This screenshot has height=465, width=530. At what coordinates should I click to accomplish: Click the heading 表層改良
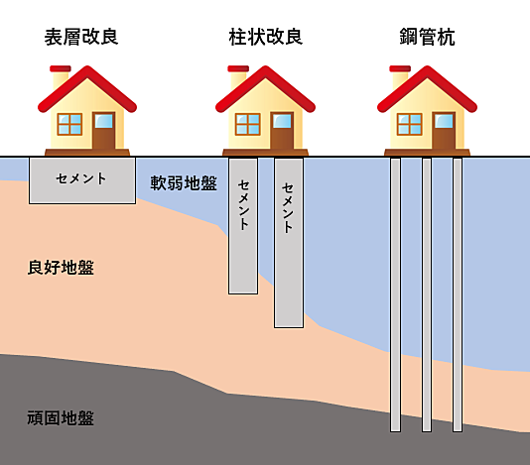81,37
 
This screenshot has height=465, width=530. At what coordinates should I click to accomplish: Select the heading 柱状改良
266,37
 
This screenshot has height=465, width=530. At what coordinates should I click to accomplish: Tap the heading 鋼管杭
427,37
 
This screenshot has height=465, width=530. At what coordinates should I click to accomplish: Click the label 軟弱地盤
184,183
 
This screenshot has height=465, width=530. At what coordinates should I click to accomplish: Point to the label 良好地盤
61,268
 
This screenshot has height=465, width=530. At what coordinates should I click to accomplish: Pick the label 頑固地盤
61,418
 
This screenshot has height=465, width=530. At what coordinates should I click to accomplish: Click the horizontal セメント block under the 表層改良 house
82,180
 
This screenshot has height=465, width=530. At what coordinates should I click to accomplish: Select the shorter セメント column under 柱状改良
243,226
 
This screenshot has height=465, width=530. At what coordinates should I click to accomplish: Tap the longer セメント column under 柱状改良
289,243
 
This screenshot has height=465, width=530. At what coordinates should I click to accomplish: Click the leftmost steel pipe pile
395,294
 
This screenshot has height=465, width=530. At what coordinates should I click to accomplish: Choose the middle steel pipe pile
427,294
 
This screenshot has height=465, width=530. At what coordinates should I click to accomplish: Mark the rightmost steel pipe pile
458,294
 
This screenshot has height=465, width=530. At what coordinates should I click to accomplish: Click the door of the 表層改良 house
104,130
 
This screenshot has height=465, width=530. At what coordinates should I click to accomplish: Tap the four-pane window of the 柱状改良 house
248,124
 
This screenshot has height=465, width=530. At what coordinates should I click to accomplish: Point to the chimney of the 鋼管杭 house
400,77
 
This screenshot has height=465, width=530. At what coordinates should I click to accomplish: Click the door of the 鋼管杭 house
444,130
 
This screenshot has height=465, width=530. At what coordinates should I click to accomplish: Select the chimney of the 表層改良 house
61,77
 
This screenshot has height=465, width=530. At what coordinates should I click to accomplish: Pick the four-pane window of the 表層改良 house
69,124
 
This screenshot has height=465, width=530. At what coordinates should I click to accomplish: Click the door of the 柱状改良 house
282,130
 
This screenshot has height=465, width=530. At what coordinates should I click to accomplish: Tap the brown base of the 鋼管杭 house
427,153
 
